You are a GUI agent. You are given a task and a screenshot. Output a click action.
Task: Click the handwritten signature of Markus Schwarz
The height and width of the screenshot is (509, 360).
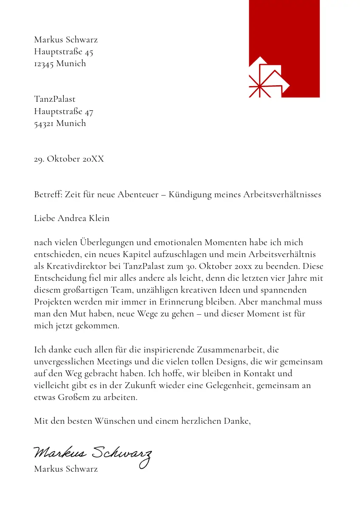tap(92, 455)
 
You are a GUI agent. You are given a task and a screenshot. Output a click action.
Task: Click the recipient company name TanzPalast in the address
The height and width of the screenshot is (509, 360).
tap(55, 99)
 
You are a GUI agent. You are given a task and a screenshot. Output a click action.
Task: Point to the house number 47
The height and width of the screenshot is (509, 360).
tap(89, 112)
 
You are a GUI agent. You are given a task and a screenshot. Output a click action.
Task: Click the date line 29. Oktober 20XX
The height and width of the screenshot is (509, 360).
tap(69, 159)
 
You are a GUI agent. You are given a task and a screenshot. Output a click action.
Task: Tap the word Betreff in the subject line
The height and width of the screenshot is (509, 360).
tap(48, 195)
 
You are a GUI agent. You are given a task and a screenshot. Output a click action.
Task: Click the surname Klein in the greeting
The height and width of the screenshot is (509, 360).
tap(99, 218)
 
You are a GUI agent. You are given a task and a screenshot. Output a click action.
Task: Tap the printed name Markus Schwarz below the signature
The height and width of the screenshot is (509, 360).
tap(66, 469)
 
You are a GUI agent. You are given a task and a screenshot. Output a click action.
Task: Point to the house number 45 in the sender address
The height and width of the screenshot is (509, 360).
tap(89, 52)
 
